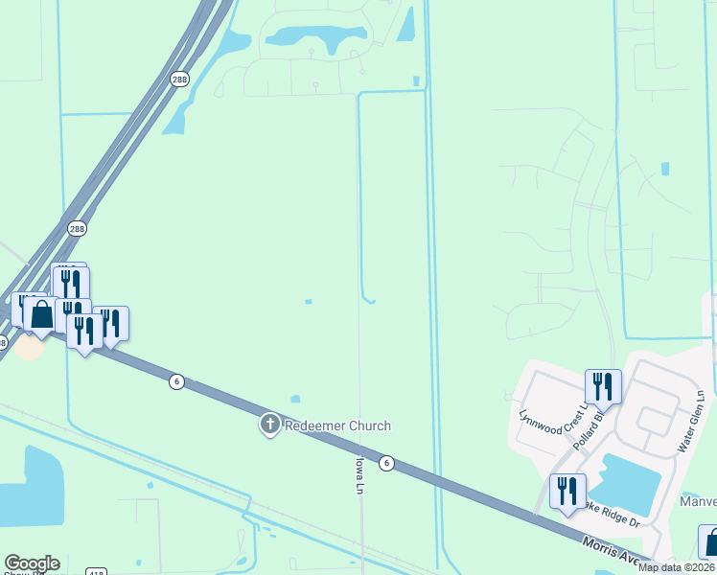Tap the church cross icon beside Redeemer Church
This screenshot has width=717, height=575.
pos(270,425)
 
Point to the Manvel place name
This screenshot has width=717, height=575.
pos(697,502)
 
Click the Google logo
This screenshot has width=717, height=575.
pos(31,563)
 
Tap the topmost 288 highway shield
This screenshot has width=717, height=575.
pos(180,80)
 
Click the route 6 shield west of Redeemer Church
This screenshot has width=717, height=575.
pos(176,381)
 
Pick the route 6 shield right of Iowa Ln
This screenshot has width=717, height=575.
pos(386,463)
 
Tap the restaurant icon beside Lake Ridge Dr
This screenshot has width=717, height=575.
pos(567,491)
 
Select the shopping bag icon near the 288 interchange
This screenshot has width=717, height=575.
pos(41,313)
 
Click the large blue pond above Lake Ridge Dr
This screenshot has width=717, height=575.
pos(632,479)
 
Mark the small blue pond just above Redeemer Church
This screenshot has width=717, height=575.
pos(294,399)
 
